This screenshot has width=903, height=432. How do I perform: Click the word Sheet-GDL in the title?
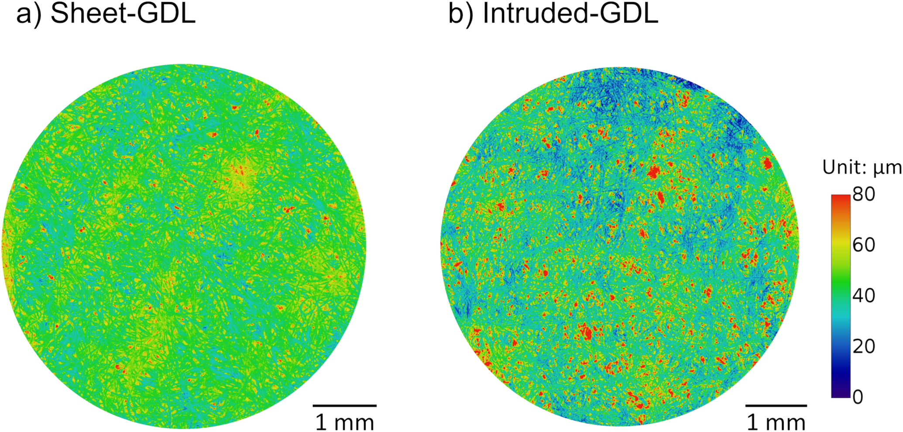123,14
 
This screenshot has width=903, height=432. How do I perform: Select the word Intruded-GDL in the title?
570,14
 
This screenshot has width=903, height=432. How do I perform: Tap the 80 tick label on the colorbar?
864,194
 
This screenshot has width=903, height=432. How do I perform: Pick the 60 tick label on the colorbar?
864,245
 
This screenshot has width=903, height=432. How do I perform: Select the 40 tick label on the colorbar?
864,296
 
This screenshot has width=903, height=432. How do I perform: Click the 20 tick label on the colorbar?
864,346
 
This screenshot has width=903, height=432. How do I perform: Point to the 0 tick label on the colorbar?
858,397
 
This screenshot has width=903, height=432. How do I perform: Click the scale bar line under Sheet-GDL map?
345,406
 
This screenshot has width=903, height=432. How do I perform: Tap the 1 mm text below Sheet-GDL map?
345,422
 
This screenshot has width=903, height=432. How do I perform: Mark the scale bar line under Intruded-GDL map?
776,406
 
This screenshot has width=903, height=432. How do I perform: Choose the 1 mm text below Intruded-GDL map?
776,422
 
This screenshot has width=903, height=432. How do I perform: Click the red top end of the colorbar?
841,199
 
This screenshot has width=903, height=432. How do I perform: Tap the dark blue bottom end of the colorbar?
841,393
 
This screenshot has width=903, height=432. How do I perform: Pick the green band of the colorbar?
841,288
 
